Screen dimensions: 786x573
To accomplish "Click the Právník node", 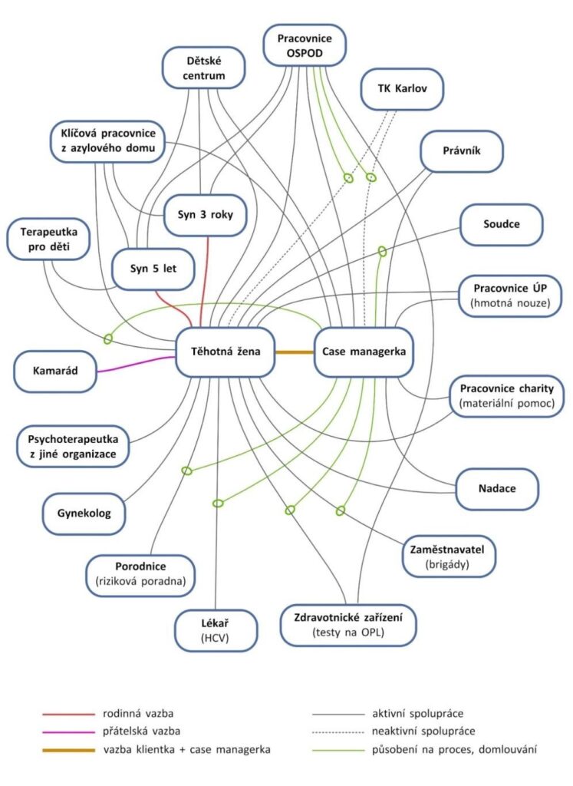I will pos(462,150).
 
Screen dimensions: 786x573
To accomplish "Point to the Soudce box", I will pos(502,225).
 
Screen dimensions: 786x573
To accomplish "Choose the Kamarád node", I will pos(56,372).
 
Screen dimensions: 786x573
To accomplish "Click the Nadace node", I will pos(497,488).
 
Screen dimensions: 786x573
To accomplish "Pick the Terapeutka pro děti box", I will pos(48,238).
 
